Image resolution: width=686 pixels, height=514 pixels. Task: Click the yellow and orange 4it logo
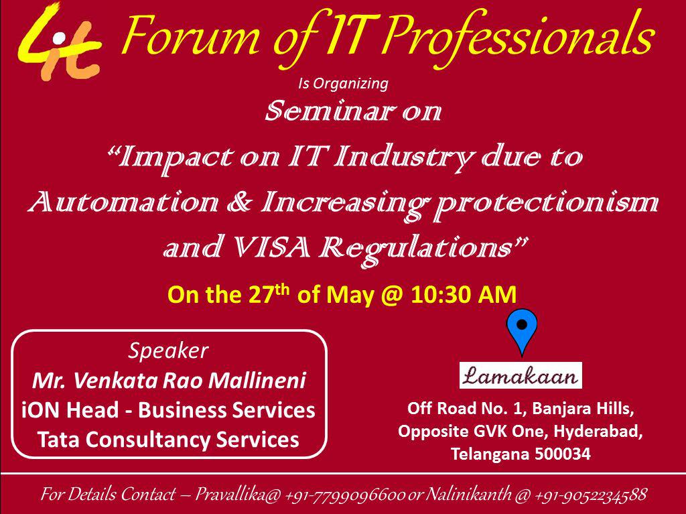coord(60,42)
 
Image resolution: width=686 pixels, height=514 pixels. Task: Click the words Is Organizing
coord(343,83)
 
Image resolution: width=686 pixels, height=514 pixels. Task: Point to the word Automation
coord(123,202)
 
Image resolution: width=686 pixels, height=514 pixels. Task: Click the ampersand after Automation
coord(240,202)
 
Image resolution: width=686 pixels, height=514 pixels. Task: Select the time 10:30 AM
coord(464,295)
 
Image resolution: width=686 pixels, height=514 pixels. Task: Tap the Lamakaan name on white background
coord(521,376)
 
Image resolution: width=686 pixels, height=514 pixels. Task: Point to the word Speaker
coord(168,351)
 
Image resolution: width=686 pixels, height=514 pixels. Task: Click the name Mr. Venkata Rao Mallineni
coord(169,381)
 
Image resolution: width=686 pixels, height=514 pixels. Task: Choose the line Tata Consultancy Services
coord(168,440)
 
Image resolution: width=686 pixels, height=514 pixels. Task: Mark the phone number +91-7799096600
coord(345,495)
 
